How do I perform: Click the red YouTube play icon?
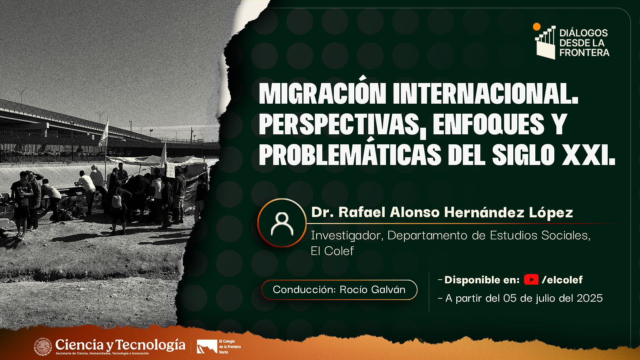point(531,279)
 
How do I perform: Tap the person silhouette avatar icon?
point(282,223)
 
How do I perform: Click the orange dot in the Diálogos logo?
point(537,27)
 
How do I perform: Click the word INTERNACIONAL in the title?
point(486,93)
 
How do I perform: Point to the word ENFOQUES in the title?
point(488,124)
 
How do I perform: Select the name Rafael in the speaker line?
point(362,212)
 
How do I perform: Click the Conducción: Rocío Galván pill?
point(339,290)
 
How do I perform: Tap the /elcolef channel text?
point(562,280)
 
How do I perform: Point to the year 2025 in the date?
point(590,298)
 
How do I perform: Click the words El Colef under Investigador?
point(332,251)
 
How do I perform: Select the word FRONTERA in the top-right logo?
point(584,53)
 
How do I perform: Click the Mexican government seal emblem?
point(43,346)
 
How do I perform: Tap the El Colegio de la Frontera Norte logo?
point(219,347)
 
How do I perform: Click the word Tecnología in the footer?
point(150,345)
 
